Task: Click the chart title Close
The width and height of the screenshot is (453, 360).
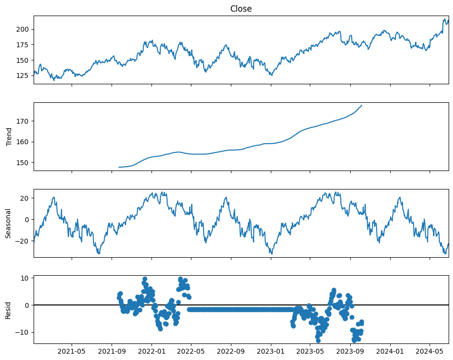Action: coord(241,9)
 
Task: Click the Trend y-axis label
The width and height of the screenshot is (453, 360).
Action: coord(9,137)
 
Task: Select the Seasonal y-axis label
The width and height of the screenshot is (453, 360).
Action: coord(9,223)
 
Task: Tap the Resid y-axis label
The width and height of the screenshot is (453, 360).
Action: coord(9,310)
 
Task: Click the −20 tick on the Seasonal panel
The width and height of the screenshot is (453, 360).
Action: coord(24,241)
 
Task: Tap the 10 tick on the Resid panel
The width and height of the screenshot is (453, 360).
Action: coord(26,278)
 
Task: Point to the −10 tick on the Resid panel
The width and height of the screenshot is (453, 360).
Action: coord(24,332)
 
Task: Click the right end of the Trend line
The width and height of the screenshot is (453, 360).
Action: coord(361,105)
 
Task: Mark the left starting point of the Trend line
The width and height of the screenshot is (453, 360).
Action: coord(119,167)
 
